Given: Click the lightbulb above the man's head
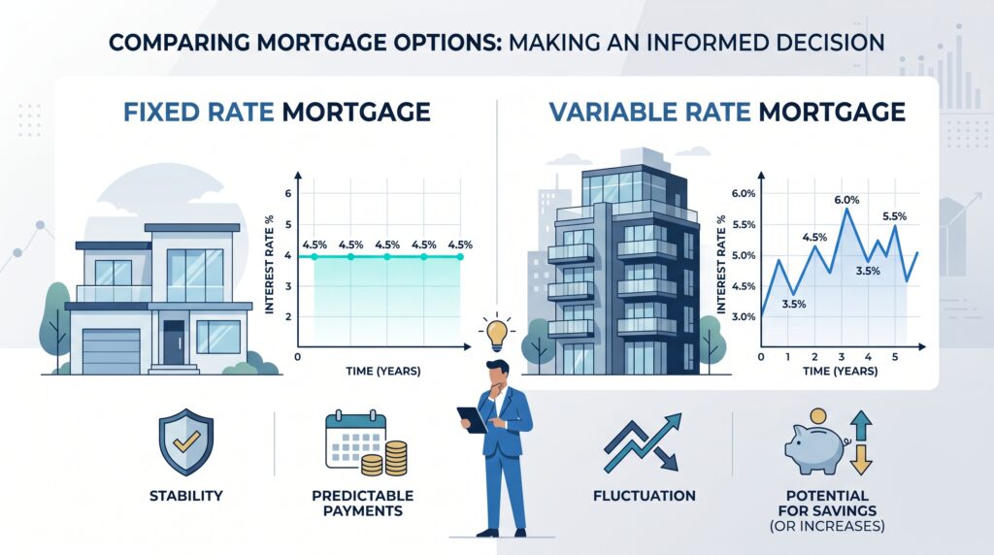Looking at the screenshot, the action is (x=497, y=333).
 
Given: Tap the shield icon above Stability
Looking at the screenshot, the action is (x=185, y=441).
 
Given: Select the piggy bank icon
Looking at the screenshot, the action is (x=815, y=445).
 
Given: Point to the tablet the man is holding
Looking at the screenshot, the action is (x=472, y=419).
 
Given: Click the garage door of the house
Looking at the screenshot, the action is (x=111, y=351).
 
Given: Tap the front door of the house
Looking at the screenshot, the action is (x=174, y=343).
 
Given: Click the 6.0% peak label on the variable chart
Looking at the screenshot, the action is (x=846, y=200).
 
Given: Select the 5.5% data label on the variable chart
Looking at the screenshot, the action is (x=894, y=216).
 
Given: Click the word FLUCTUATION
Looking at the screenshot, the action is (x=645, y=496).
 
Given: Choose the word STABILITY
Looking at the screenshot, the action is (x=185, y=496).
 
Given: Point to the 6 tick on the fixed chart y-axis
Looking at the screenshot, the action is (x=287, y=193).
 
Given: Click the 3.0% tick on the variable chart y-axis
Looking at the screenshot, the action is (x=744, y=316).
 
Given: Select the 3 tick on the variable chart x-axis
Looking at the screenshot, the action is (x=842, y=357).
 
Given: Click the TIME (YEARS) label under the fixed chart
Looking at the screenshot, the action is (x=382, y=371).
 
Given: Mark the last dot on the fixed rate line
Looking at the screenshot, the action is (x=460, y=256).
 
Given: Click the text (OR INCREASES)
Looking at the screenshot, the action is (x=827, y=526).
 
